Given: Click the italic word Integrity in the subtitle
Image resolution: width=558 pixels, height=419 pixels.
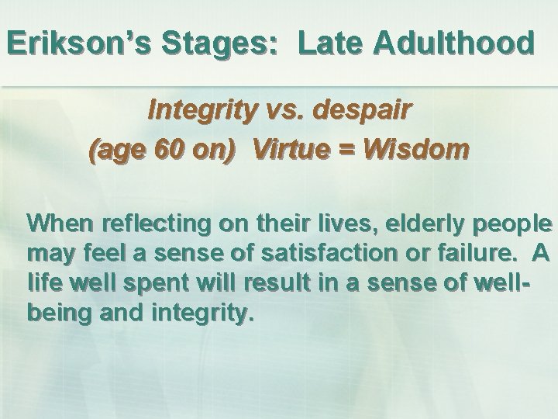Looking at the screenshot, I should coord(201,111).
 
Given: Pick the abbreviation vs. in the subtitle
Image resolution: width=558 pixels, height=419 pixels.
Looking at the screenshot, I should coord(286,111).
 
